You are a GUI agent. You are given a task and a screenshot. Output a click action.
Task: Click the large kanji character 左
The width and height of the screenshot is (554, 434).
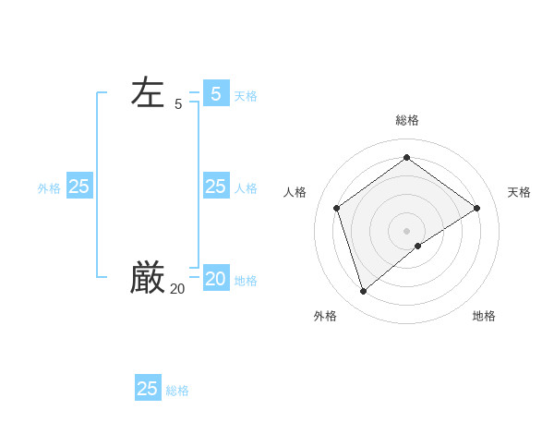click(148, 93)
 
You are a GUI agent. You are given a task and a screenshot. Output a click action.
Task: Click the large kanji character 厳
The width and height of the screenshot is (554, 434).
click(148, 276)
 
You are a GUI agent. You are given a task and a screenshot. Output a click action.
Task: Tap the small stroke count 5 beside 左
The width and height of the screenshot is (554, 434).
click(178, 105)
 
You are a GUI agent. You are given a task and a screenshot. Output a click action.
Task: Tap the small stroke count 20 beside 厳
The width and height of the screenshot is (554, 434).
click(177, 289)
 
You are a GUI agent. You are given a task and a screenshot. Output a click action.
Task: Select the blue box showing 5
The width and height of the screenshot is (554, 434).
click(216, 93)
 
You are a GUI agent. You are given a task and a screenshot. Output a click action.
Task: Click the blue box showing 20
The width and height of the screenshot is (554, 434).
click(216, 278)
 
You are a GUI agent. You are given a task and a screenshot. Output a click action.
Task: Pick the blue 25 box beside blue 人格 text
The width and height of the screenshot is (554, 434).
click(216, 187)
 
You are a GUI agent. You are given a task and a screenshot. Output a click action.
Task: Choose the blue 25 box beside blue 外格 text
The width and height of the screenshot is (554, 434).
click(79, 187)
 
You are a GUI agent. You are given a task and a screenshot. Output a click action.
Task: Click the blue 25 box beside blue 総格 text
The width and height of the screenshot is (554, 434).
click(148, 388)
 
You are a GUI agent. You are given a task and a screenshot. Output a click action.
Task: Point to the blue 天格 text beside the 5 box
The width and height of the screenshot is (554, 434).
click(246, 96)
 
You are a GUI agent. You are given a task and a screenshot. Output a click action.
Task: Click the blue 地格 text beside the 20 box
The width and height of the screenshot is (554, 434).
click(246, 281)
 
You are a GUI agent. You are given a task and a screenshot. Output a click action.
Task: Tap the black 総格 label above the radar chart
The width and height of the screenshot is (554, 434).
click(407, 120)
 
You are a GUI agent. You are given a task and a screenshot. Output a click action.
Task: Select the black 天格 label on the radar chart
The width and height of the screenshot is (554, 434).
click(519, 192)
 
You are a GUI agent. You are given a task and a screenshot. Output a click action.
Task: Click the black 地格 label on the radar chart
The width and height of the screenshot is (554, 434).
click(484, 316)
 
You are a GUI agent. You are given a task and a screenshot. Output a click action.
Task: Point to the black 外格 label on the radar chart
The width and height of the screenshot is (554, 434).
click(325, 316)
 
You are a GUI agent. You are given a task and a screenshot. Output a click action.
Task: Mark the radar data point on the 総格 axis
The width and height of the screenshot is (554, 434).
click(406, 158)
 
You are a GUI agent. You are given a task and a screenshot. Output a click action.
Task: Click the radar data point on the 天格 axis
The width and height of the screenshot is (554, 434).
click(476, 208)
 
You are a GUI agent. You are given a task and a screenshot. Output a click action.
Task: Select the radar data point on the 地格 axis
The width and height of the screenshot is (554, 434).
click(418, 246)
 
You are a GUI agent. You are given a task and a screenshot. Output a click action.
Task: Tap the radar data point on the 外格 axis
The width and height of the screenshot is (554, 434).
click(363, 292)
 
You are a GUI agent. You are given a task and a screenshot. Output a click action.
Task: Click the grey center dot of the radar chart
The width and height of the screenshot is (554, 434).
click(406, 230)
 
